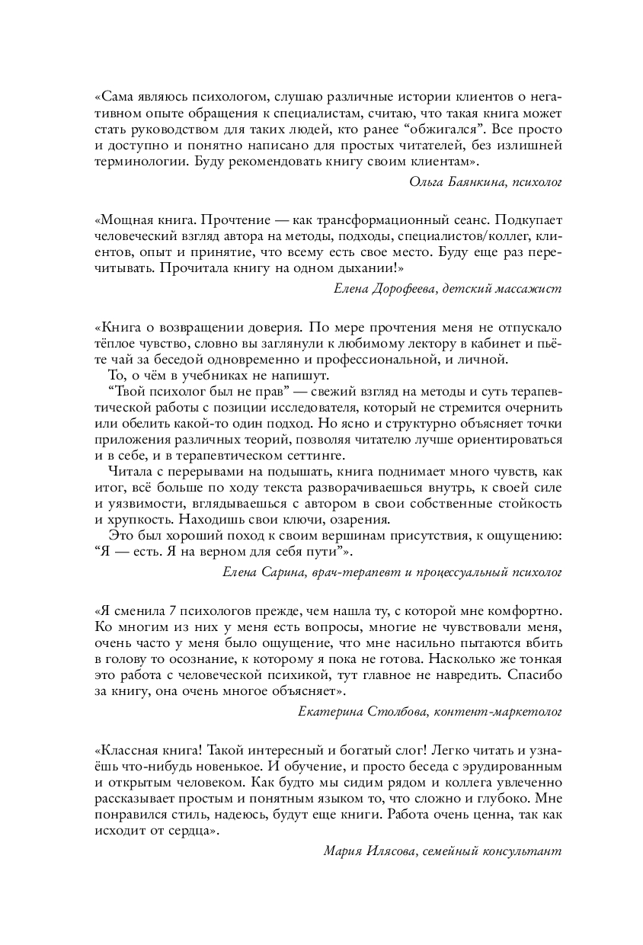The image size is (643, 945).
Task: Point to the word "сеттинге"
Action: (314, 456)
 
